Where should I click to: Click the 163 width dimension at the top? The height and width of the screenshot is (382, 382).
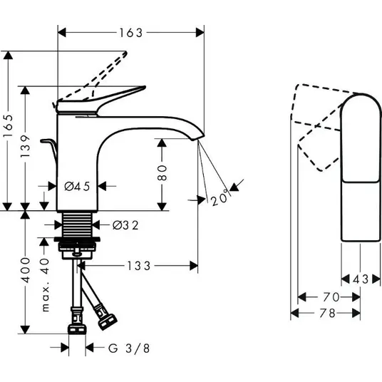coord(131,33)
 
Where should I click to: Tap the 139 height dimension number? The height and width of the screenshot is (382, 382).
coord(25,146)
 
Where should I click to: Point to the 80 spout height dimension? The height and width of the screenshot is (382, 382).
coord(162,172)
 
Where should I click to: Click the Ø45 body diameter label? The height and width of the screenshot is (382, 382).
coord(77,187)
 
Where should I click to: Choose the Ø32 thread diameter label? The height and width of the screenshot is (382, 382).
coord(125,225)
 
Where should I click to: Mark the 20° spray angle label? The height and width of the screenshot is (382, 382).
coord(220,197)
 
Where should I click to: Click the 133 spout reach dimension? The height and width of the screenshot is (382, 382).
coord(139,266)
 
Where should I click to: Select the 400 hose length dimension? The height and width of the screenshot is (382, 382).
coord(25,270)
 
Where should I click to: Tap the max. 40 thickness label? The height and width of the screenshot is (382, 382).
coord(45,285)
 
